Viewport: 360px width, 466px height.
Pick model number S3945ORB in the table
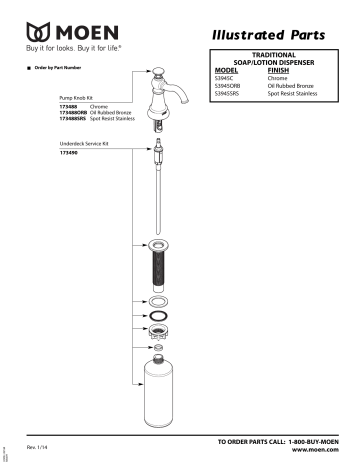click(234, 85)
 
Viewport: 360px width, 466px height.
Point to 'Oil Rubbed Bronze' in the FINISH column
click(295, 85)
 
